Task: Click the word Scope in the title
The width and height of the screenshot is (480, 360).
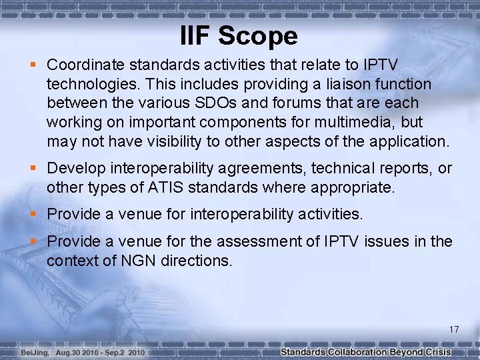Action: [x=258, y=36]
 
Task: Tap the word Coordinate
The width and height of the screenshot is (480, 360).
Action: [x=89, y=65]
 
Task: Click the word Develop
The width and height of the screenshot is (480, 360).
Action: [x=75, y=169]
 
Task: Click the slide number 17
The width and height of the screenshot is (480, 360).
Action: [x=454, y=329]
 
